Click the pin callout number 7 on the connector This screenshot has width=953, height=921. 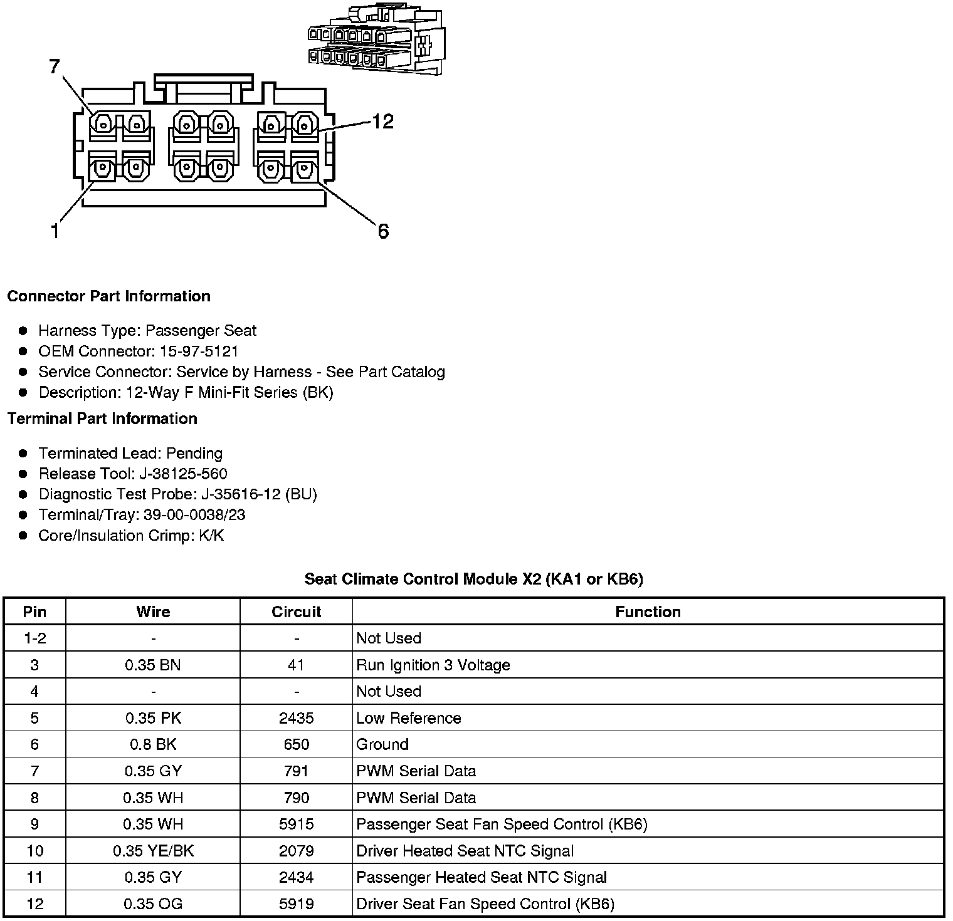point(55,66)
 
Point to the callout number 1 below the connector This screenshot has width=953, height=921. point(55,231)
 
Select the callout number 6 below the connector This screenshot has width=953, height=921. point(383,232)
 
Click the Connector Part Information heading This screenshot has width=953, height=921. point(108,296)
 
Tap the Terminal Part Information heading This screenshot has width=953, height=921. point(102,419)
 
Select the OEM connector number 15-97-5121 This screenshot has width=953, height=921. point(199,351)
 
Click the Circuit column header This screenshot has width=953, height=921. point(296,611)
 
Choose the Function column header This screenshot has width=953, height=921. point(648,611)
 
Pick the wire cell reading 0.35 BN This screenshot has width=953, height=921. point(153,665)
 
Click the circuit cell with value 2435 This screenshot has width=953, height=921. point(296,718)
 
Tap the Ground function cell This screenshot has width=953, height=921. point(382,744)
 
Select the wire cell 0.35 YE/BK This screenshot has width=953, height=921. point(153,851)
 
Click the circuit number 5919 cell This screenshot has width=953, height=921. point(296,904)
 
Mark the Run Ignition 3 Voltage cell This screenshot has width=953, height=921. point(433,665)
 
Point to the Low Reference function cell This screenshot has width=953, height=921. point(408,718)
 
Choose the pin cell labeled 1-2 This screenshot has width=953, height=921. point(34,638)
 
